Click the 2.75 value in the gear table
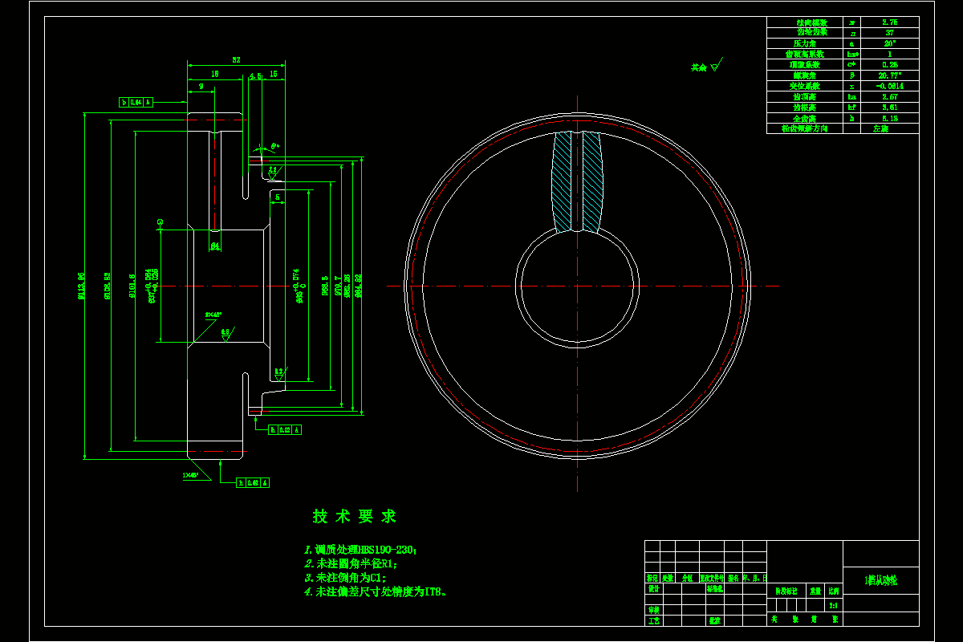(889, 22)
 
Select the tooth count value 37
(889, 33)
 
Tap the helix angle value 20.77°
(889, 75)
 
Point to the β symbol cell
(851, 75)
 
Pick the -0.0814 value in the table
(889, 85)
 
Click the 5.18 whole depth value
(889, 117)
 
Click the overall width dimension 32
(236, 60)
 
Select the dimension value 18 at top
(214, 73)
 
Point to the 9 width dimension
(201, 86)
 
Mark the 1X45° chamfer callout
(190, 475)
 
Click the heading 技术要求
(354, 517)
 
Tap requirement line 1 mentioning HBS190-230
(360, 550)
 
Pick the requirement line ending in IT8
(376, 591)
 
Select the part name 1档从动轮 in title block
(880, 579)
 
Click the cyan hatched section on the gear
(577, 181)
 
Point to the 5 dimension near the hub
(277, 196)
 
